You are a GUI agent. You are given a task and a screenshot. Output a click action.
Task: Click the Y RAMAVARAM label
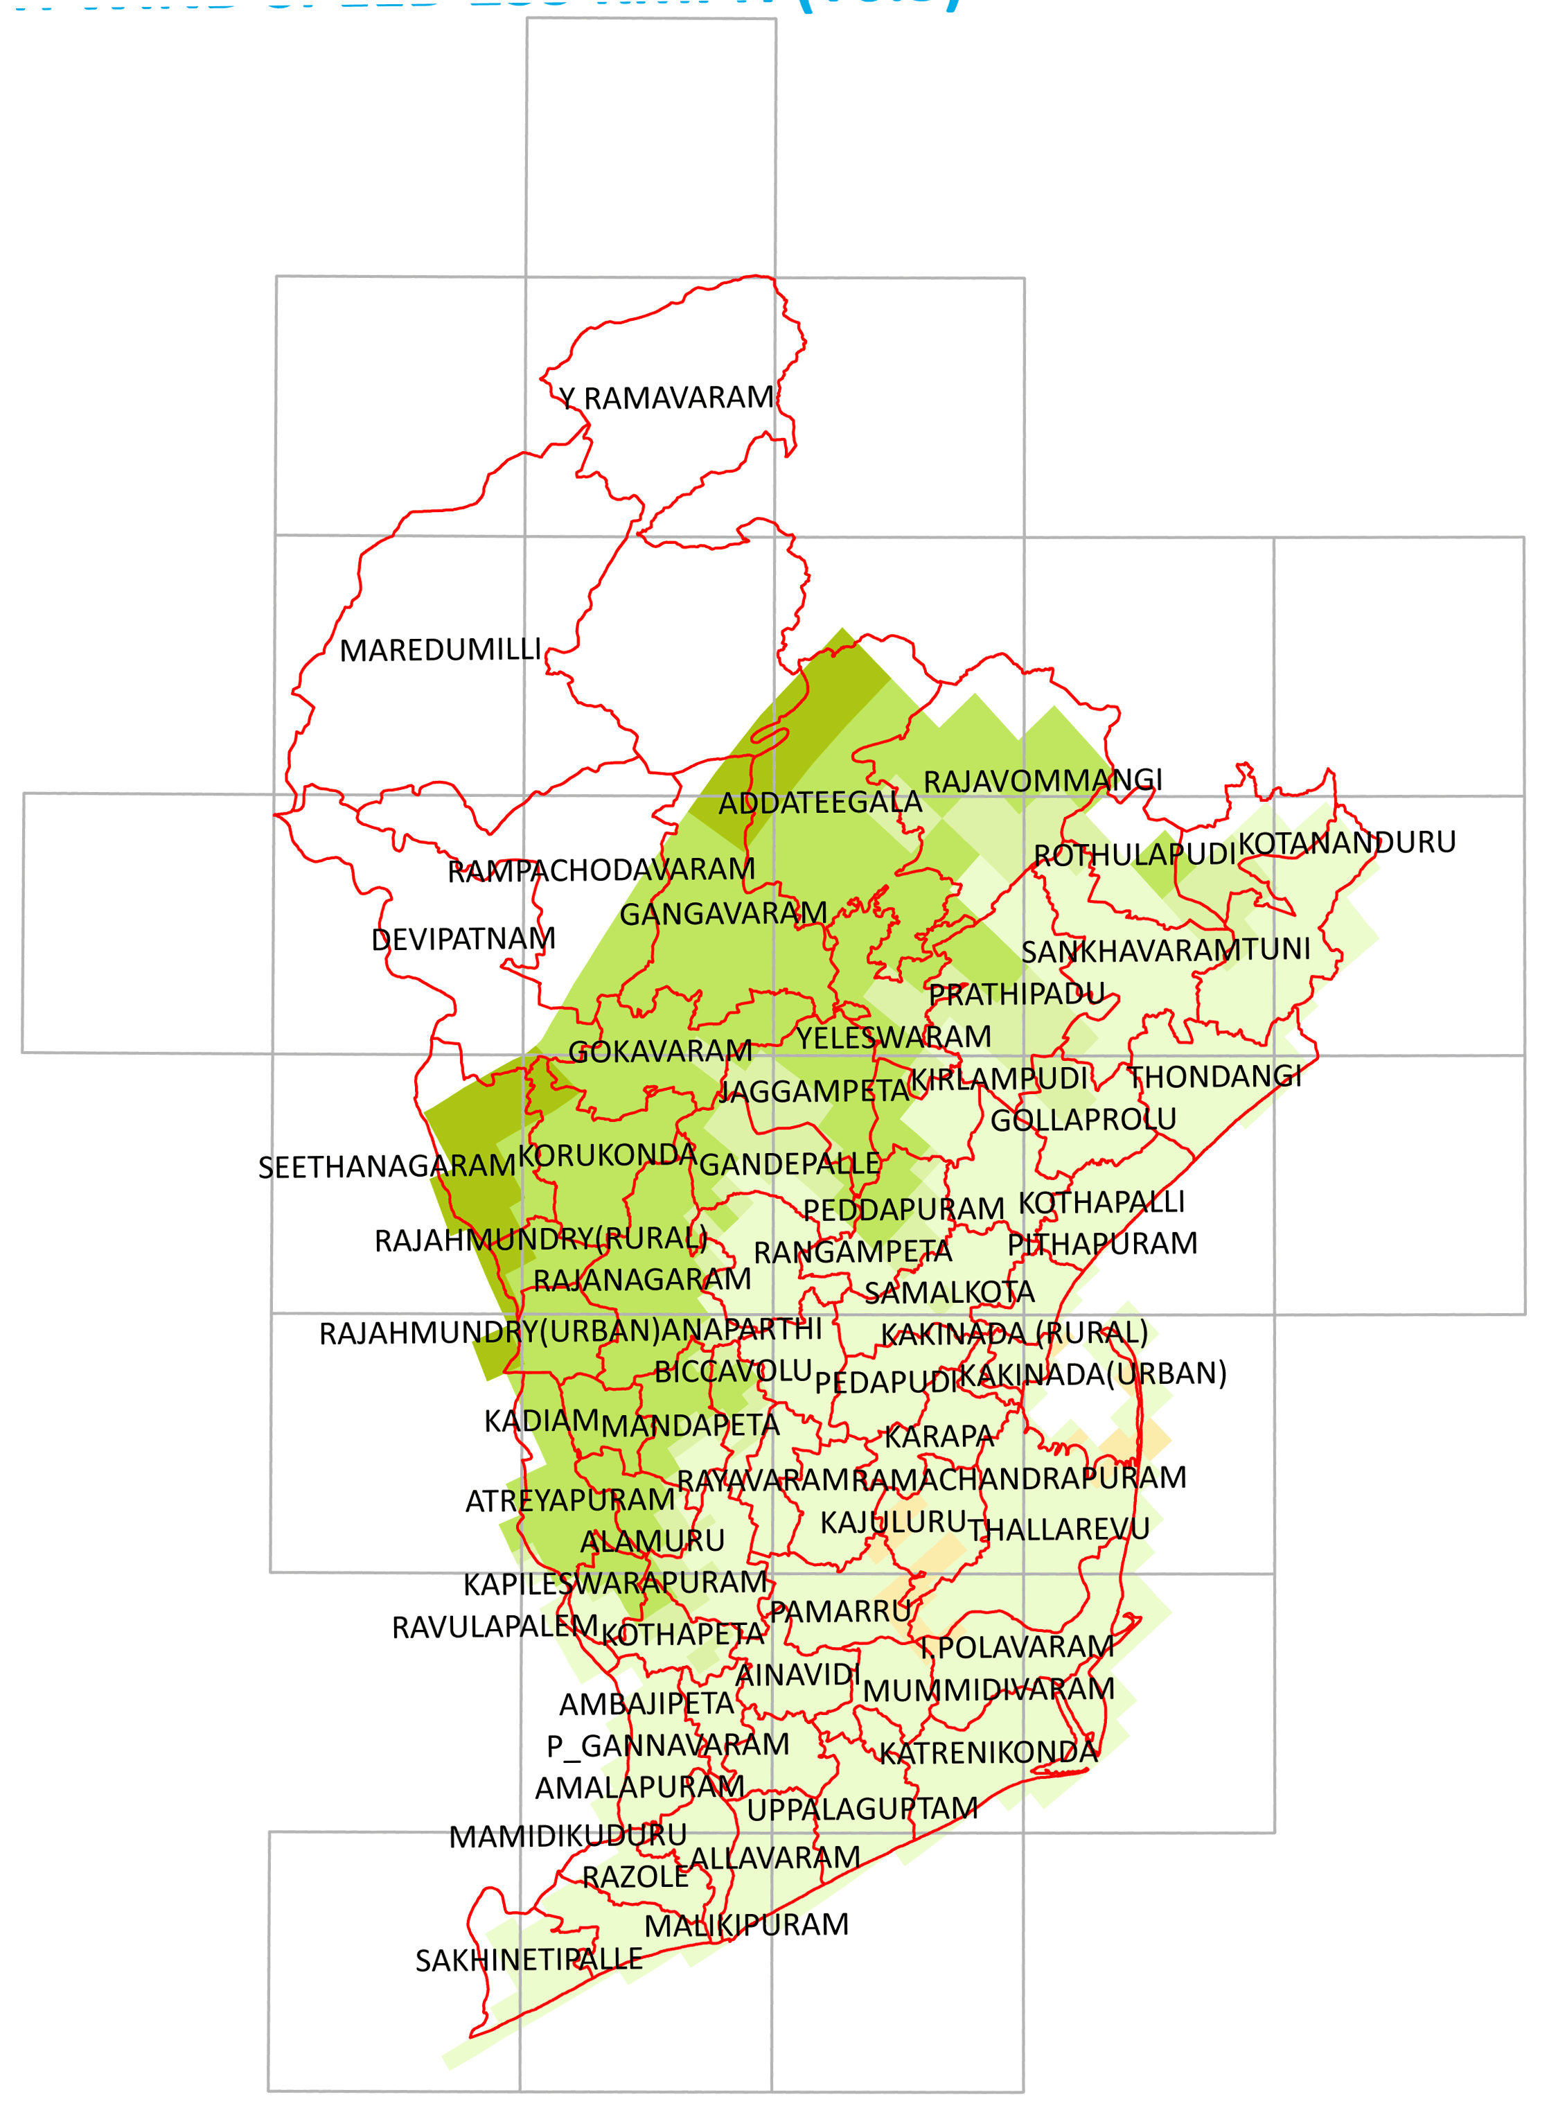(666, 398)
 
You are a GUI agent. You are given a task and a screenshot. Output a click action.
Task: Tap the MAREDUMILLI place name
(441, 650)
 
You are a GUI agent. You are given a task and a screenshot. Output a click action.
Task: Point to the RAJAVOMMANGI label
(1042, 781)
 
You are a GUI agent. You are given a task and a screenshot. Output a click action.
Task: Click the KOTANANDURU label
(1347, 842)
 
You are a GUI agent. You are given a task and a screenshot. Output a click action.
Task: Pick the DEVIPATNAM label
(463, 940)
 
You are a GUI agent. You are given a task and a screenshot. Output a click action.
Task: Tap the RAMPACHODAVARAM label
(601, 870)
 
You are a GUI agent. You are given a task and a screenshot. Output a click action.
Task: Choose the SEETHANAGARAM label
(387, 1167)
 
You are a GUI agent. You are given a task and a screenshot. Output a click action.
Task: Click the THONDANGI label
(1214, 1076)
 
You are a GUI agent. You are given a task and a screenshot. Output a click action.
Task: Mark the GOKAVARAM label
(660, 1052)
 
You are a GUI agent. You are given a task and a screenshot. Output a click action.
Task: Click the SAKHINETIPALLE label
(529, 1961)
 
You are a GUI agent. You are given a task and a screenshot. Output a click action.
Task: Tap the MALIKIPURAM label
(746, 1925)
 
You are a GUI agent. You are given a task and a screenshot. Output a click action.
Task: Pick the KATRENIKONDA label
(989, 1752)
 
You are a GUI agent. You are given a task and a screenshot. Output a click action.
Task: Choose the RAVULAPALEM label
(494, 1627)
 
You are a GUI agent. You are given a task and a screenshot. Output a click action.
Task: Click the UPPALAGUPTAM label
(862, 1809)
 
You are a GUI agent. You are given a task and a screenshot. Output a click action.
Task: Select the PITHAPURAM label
(1101, 1244)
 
